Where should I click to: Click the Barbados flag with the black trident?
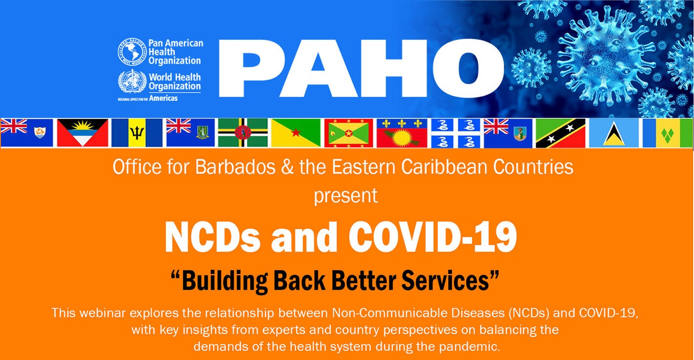[x=137, y=133]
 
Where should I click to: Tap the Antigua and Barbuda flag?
[x=82, y=133]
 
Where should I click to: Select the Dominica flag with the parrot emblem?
[x=242, y=133]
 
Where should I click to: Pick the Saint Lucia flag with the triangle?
[x=613, y=133]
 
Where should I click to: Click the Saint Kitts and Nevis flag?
[x=560, y=133]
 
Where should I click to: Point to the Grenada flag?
[x=348, y=133]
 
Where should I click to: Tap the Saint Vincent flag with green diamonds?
[x=668, y=133]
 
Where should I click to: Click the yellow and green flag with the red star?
[x=296, y=133]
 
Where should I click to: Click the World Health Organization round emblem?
[x=132, y=82]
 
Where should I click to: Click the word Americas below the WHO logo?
[x=163, y=98]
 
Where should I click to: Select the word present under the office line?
[x=346, y=195]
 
